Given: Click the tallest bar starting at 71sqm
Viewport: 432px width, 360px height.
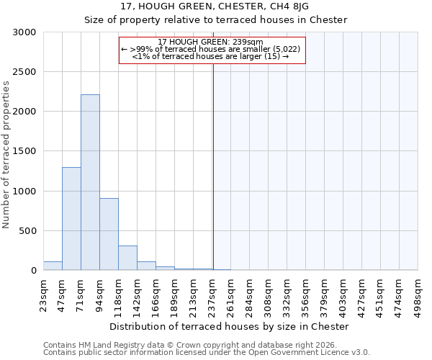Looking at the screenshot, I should tap(90, 182).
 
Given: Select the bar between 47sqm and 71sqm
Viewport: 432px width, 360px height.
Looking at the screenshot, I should tap(71, 218).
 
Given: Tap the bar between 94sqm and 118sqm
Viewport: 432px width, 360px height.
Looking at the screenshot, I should tap(109, 234).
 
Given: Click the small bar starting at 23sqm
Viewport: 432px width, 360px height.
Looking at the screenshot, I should tap(53, 266).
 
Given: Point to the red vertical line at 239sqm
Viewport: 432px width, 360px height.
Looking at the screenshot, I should tap(213, 166).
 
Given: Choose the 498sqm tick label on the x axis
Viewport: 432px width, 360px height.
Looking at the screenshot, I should tap(418, 294).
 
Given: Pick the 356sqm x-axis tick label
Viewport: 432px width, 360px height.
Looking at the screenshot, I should tap(305, 294).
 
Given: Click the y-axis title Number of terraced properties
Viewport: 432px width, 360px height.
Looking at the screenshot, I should tap(6, 155).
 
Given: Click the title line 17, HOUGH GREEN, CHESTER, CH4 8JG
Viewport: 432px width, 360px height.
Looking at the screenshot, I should tap(215, 6).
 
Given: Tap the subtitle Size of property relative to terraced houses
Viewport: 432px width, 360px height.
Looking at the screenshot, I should tap(215, 19).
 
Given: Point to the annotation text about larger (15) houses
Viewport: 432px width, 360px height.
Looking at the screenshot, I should tap(211, 56).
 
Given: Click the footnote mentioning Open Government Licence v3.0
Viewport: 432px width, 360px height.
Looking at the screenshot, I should tap(207, 353).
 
